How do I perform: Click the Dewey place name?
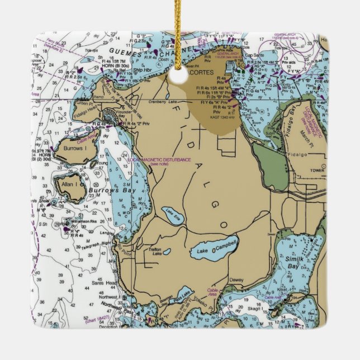coord(236,280)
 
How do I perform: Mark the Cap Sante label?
coord(254,55)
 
